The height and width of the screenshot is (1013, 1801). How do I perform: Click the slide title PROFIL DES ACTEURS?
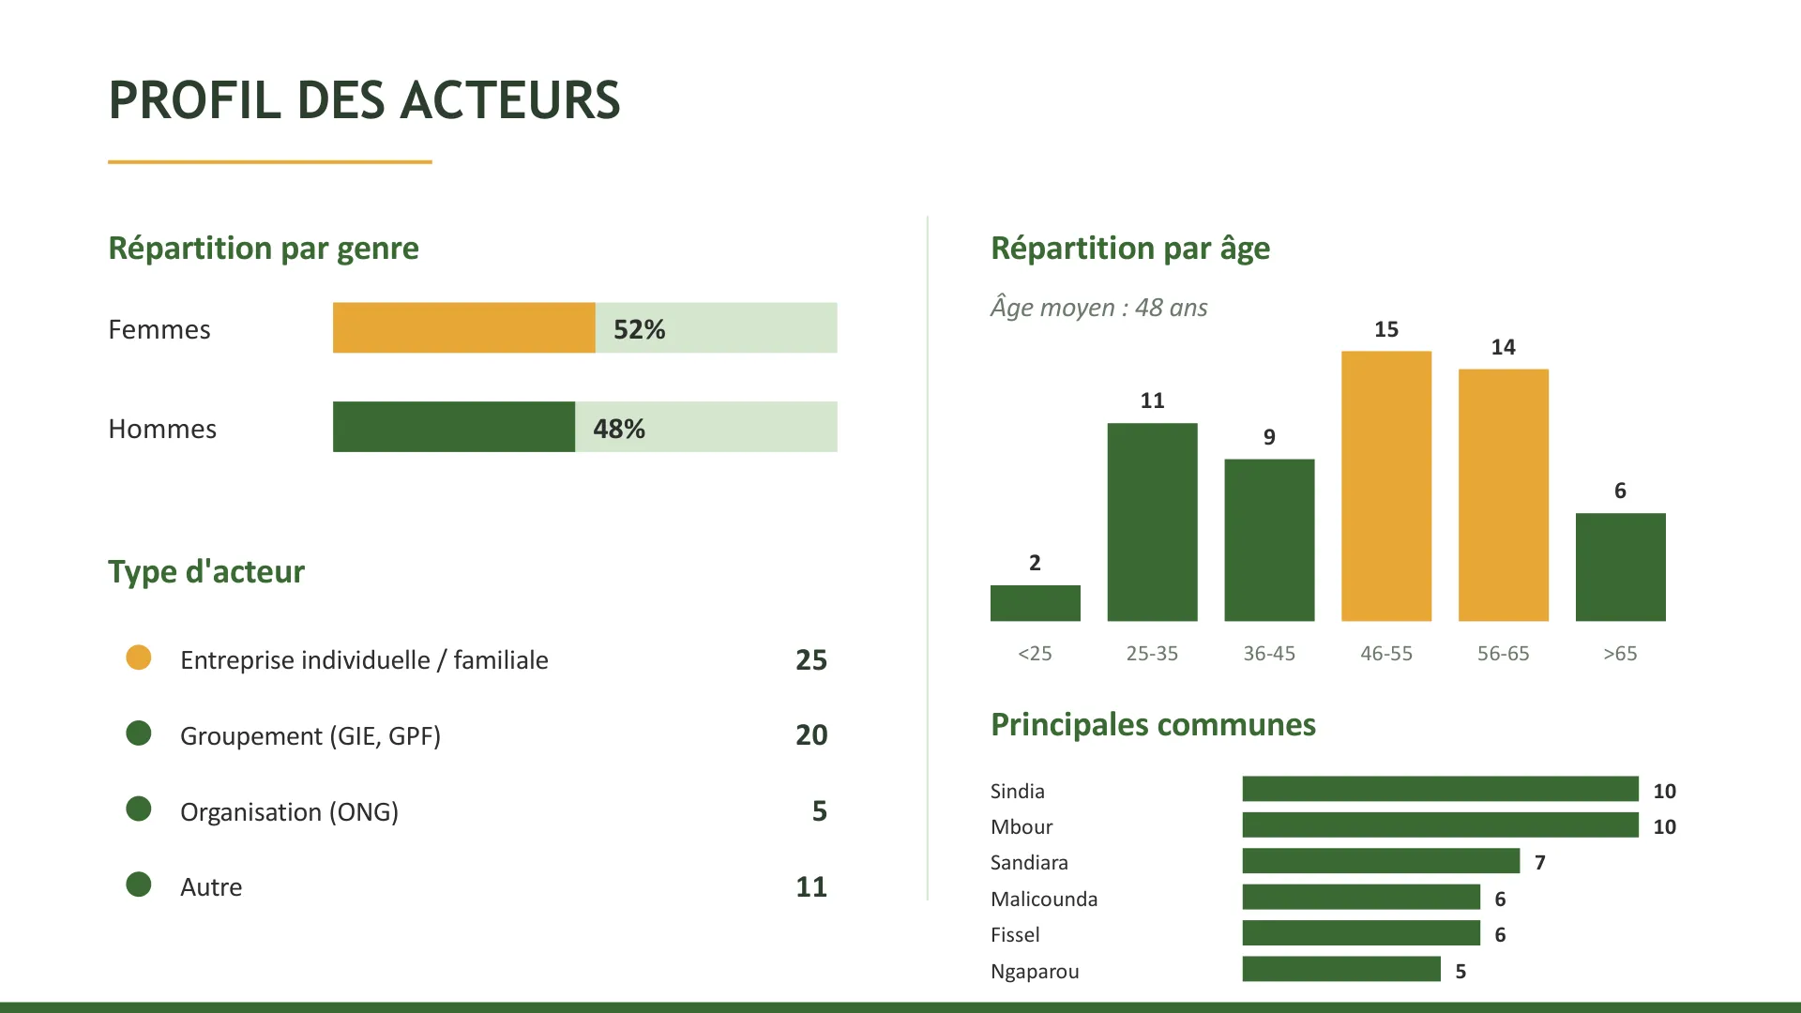click(364, 100)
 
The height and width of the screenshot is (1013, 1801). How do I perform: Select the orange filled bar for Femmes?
click(463, 328)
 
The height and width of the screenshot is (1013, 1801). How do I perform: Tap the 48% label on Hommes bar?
click(619, 429)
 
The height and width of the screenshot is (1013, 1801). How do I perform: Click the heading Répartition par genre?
click(264, 249)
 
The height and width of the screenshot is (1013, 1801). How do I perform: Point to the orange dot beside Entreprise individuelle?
click(139, 658)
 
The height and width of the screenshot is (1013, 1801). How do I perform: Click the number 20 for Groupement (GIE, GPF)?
click(811, 735)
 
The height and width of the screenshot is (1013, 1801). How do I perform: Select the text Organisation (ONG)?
click(289, 811)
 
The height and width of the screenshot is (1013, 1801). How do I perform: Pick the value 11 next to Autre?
click(811, 886)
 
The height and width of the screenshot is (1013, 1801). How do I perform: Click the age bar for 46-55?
click(1385, 486)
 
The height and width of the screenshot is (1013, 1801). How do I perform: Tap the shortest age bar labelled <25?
click(1035, 603)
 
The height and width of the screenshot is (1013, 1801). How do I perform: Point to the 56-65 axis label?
click(1503, 654)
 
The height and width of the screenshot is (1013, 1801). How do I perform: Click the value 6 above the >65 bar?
click(1620, 491)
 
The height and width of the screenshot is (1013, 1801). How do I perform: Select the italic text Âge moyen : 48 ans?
click(1098, 308)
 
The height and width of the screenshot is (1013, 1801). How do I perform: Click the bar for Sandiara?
click(1380, 861)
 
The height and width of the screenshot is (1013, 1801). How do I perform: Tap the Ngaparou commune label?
click(1035, 971)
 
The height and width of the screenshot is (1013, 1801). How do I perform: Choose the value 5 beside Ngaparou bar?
click(1460, 971)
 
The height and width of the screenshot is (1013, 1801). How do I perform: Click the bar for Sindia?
click(1440, 789)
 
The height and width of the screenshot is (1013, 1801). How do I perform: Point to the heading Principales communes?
click(1153, 725)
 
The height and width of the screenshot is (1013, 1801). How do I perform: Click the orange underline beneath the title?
click(270, 162)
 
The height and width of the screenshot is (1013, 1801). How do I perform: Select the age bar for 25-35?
click(1152, 522)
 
